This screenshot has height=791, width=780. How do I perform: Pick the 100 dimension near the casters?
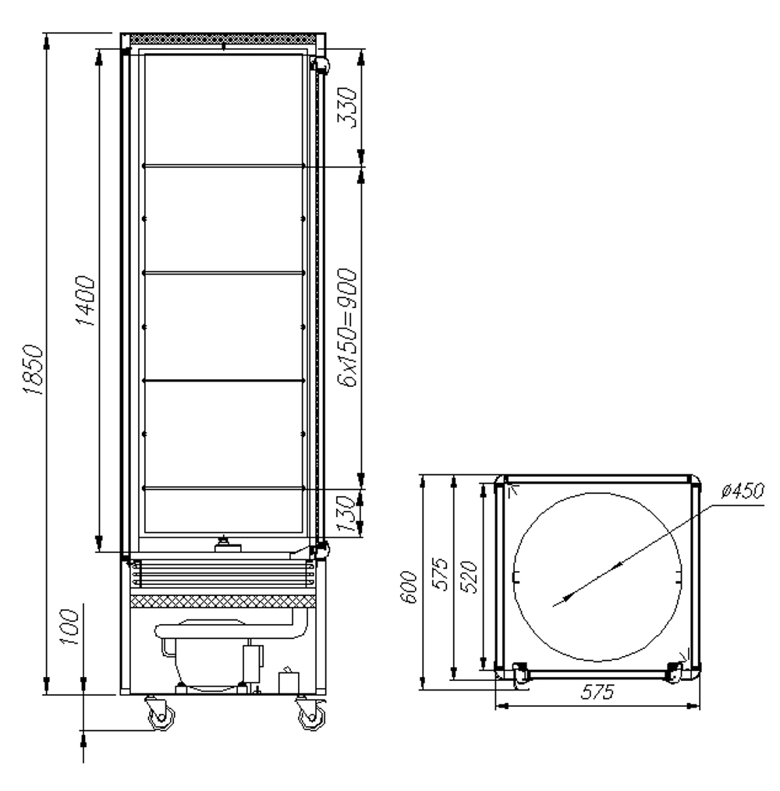pos(72,629)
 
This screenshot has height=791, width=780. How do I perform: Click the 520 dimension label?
pos(470,577)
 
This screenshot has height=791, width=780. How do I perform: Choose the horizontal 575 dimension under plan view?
pos(596,693)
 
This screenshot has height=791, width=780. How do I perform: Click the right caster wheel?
pos(310,715)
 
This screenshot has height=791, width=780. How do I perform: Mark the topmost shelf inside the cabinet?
pos(223,165)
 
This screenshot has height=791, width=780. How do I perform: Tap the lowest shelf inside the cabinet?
pos(223,488)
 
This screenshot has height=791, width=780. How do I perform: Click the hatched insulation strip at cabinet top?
pos(222,37)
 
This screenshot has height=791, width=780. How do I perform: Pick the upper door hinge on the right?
pos(320,66)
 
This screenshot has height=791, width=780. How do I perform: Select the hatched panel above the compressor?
pos(222,601)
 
